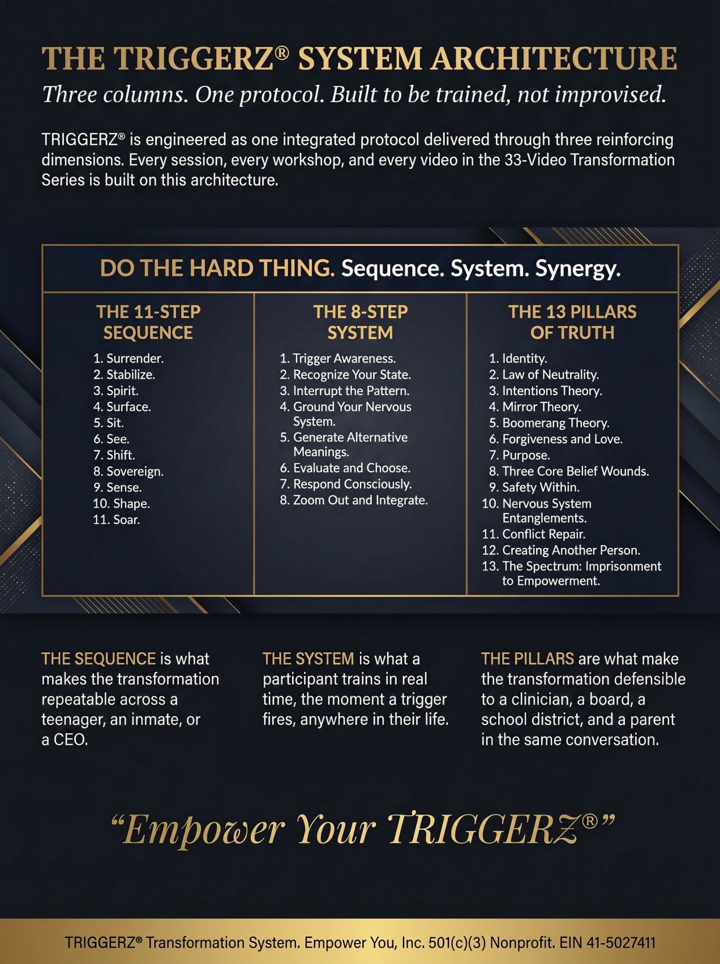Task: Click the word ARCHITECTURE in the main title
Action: (554, 58)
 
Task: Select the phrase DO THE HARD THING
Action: (217, 268)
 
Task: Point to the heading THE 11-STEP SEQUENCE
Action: (149, 322)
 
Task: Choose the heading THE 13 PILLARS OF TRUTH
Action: (573, 322)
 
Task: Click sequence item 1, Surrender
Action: (128, 358)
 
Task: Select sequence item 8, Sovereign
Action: (128, 472)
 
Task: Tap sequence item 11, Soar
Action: (116, 520)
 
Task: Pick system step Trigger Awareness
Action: (338, 358)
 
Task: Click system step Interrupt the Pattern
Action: (344, 391)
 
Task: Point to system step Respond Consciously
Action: (345, 484)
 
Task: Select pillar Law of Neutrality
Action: (544, 374)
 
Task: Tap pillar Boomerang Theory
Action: (549, 423)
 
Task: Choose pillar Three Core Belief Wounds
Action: (569, 471)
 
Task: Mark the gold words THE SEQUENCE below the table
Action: (98, 659)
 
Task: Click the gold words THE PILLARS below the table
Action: (527, 659)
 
